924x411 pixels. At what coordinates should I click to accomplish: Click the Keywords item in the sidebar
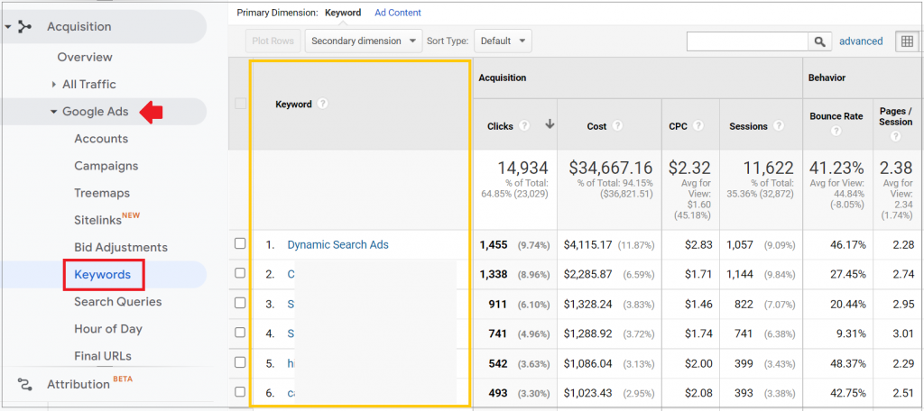click(102, 274)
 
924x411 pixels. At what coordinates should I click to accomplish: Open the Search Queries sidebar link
click(117, 302)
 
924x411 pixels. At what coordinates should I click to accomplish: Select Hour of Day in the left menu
click(107, 329)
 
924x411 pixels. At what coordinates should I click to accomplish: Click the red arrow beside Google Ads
click(152, 112)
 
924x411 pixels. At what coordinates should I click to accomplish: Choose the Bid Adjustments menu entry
click(120, 247)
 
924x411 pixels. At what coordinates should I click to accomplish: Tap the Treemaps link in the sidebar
click(102, 193)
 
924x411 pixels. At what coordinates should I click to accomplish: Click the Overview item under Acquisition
click(85, 57)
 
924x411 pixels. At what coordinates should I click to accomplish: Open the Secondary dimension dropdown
click(364, 41)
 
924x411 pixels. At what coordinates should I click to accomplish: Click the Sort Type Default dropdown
click(503, 41)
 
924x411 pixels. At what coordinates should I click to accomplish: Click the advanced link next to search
click(861, 41)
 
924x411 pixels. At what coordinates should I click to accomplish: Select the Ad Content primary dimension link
click(398, 13)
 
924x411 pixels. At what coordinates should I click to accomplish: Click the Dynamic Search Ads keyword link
click(337, 244)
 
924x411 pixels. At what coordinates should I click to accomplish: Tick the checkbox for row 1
click(240, 244)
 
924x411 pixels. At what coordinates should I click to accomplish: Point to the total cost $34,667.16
click(610, 168)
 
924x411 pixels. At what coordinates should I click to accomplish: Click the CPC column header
click(678, 126)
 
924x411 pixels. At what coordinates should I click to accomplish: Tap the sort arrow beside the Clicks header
click(549, 125)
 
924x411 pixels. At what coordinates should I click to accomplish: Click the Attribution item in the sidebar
click(79, 384)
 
